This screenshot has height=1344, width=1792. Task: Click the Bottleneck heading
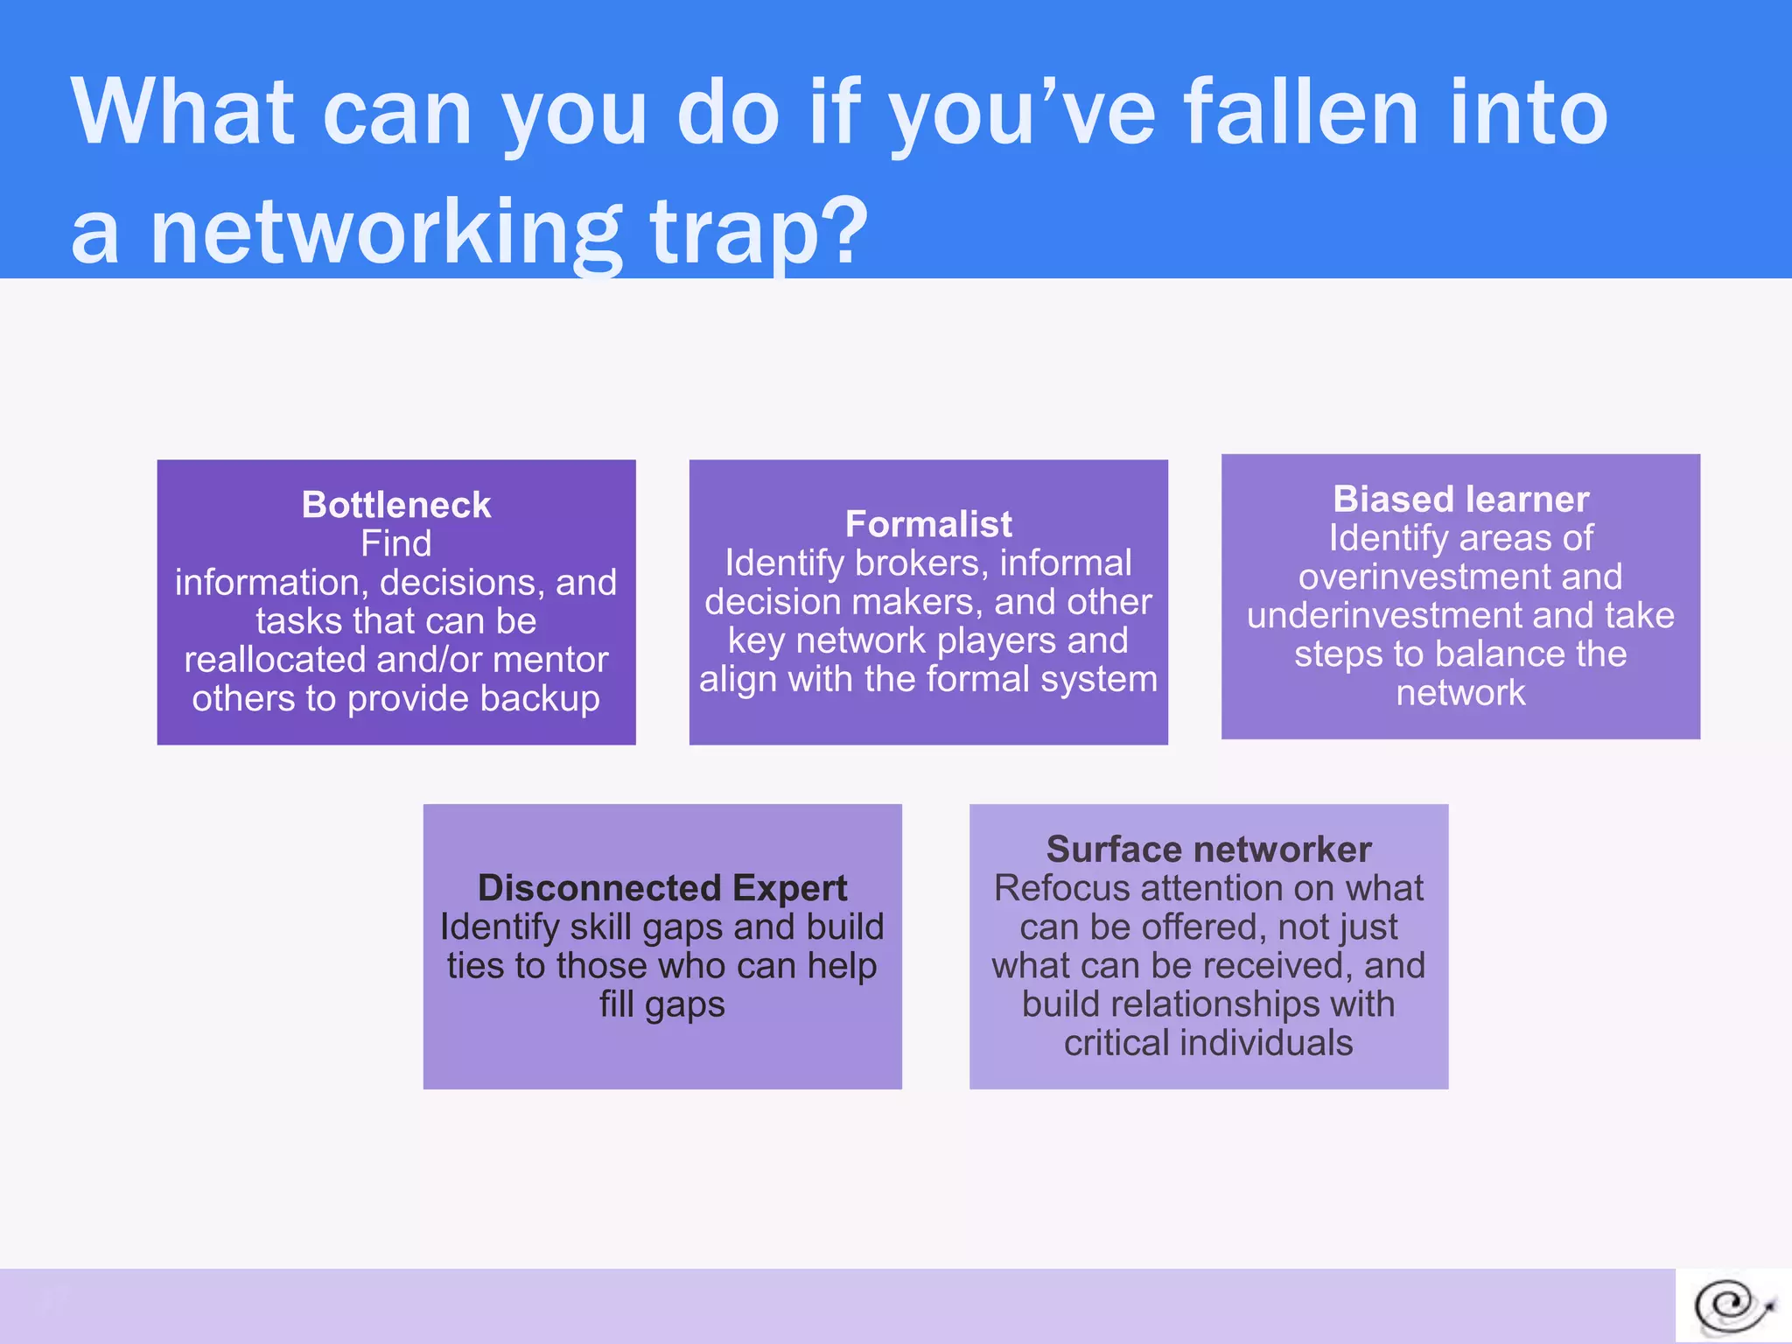point(396,505)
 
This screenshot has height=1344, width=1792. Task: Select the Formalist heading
point(928,524)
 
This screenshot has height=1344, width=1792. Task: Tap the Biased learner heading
point(1460,500)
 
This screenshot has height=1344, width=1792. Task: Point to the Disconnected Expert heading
point(662,888)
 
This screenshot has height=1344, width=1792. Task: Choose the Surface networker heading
point(1208,850)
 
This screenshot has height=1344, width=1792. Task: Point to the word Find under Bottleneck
point(396,543)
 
